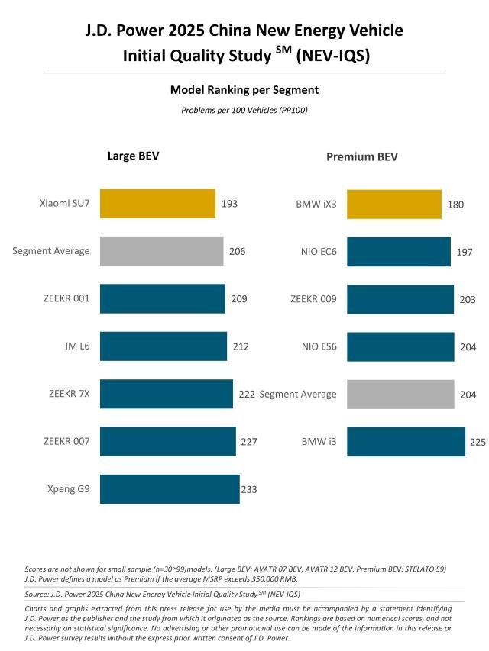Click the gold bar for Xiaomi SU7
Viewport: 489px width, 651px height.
click(157, 204)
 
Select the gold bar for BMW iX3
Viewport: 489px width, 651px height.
click(393, 204)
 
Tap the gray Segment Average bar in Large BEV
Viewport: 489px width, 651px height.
click(161, 251)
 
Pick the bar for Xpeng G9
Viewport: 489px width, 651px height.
click(169, 489)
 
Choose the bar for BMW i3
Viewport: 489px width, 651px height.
click(406, 442)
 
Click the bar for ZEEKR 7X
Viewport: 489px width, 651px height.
click(166, 394)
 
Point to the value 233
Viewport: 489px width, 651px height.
click(249, 489)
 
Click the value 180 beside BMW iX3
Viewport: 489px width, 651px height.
click(457, 205)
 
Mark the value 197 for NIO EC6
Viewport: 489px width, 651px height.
click(466, 252)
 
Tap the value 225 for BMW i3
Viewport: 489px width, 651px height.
click(478, 442)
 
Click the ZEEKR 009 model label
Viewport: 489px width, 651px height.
click(313, 299)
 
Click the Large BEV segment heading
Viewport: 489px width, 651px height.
click(133, 156)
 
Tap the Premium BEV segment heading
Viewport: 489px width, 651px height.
click(361, 157)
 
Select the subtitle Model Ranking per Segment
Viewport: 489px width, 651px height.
click(244, 90)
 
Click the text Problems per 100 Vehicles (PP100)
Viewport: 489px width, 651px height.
click(244, 111)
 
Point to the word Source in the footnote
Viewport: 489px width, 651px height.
click(40, 594)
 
